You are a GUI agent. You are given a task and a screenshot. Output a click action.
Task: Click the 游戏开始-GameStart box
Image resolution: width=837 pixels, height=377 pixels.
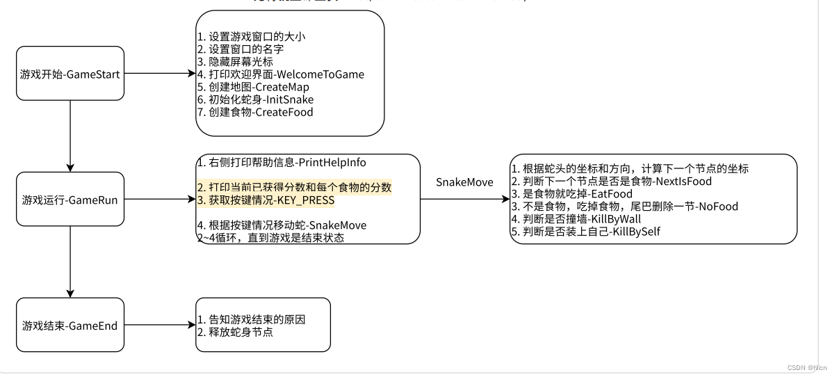point(70,74)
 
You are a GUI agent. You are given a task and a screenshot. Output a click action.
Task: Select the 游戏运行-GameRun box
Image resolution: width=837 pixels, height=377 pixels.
point(70,200)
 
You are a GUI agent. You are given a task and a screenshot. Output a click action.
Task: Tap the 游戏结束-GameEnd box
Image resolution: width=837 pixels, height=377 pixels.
point(70,325)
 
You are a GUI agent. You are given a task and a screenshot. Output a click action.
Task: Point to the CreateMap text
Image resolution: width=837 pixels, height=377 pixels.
point(283,87)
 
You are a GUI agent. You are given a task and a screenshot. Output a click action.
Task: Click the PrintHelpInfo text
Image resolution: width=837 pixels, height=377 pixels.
point(332,163)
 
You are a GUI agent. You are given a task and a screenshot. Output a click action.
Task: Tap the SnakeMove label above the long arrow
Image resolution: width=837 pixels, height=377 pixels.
point(464,182)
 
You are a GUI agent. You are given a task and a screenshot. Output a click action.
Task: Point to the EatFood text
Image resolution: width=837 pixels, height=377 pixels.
point(610,194)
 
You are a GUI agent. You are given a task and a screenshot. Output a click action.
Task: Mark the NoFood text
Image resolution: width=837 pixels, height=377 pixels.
point(719,207)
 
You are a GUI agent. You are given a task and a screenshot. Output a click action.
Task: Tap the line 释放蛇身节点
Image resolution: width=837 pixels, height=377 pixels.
point(235,332)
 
